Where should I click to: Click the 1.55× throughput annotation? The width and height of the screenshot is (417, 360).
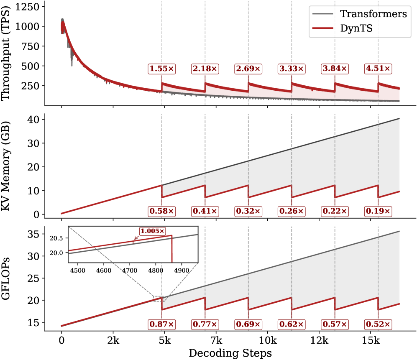click(162, 68)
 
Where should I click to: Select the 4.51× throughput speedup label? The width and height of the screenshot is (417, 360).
click(378, 68)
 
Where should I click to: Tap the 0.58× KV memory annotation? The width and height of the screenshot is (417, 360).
click(162, 211)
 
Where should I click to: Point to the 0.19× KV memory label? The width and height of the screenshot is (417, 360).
click(378, 211)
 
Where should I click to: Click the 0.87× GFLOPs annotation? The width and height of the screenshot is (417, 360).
click(162, 324)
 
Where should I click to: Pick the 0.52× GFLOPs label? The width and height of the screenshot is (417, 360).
click(378, 324)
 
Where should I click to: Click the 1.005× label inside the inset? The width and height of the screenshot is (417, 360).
click(152, 231)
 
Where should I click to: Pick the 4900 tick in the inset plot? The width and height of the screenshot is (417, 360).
click(182, 271)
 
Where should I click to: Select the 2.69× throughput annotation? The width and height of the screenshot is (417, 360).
click(248, 68)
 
